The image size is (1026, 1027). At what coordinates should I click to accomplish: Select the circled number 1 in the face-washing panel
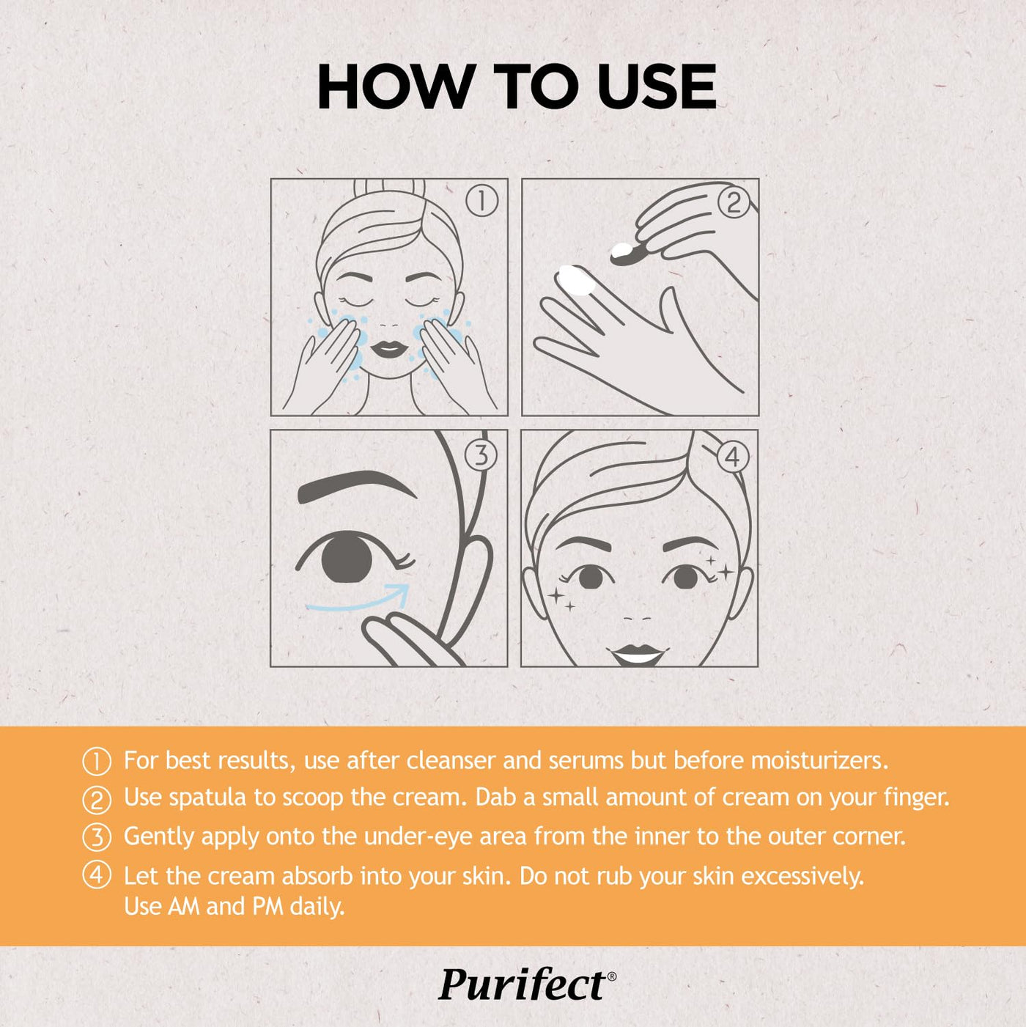coord(481,202)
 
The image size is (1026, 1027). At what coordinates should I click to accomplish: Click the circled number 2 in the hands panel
coord(734,203)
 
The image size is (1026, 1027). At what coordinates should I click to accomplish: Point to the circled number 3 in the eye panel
coord(481,456)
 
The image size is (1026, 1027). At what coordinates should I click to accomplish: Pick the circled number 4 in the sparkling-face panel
coord(732,457)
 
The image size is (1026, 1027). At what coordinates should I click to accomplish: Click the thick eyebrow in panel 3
coord(349,485)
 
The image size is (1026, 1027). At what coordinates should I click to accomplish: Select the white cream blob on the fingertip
coord(575,280)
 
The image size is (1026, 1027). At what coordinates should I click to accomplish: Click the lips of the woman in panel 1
coord(389,350)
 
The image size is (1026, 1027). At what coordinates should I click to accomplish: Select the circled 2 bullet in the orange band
coord(97,800)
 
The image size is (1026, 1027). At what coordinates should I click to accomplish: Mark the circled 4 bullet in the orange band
coord(97,877)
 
